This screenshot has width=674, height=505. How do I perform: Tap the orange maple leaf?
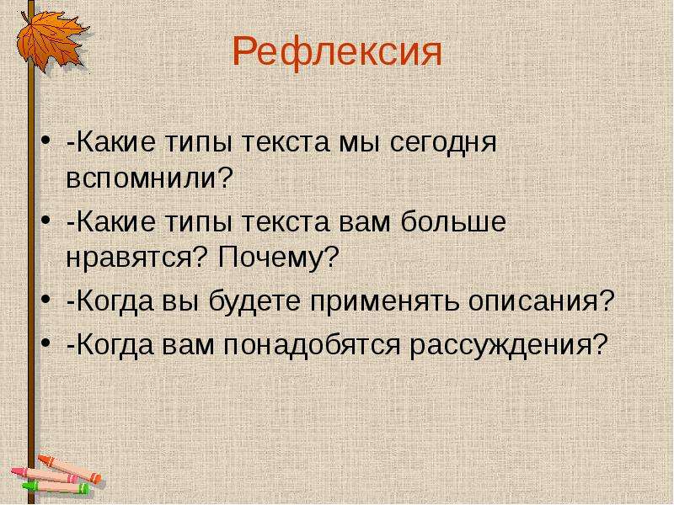point(51,40)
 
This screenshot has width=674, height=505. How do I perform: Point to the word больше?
point(454,223)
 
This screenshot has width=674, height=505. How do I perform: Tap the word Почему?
point(270,257)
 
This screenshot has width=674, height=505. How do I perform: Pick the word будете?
point(254,300)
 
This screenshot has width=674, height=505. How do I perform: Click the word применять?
point(384,302)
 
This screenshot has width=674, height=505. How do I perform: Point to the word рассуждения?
point(500,345)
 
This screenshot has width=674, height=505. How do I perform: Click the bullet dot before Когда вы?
point(45,300)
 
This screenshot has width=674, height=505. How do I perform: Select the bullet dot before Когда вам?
point(45,343)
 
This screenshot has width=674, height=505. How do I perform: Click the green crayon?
point(55,487)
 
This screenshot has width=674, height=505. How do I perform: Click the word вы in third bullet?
point(180,302)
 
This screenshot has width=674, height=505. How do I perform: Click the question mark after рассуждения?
point(600,343)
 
